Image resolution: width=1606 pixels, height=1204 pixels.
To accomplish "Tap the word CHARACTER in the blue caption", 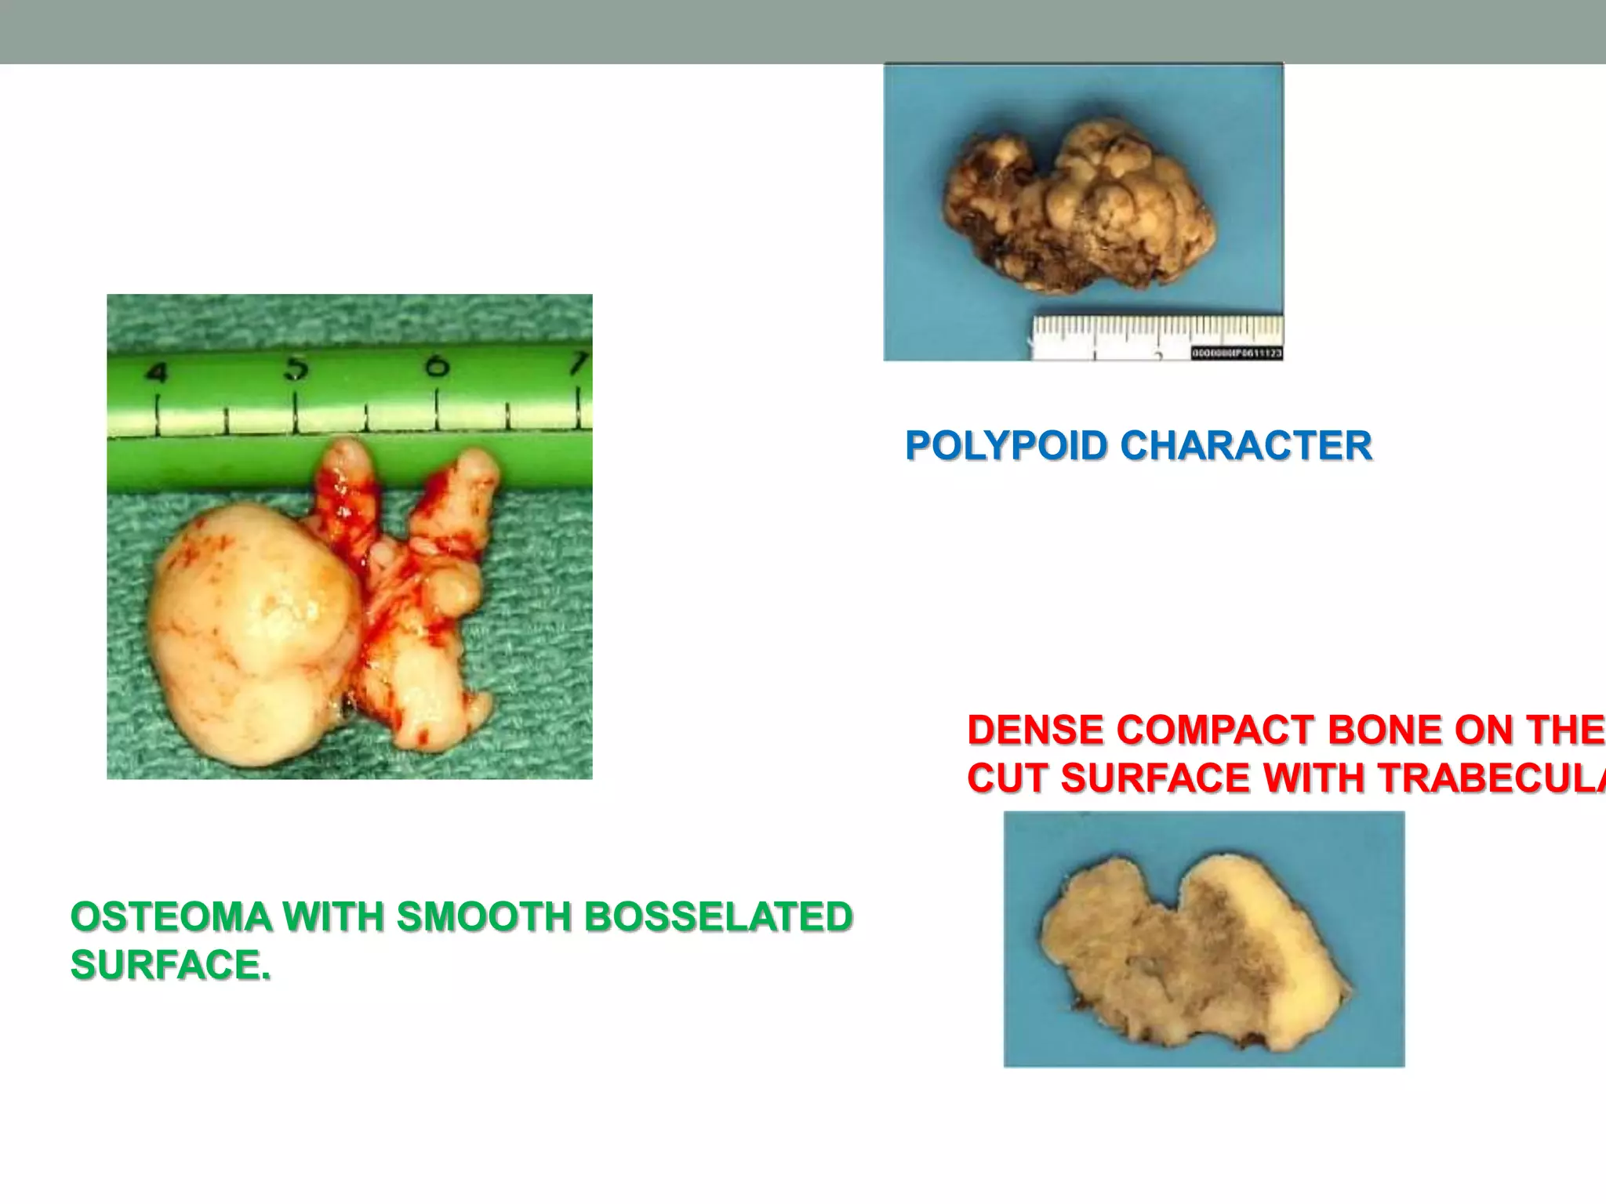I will tap(1246, 446).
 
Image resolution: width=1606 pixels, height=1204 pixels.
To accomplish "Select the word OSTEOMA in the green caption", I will tap(170, 917).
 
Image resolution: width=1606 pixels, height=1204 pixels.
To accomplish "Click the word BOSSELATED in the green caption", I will tap(718, 917).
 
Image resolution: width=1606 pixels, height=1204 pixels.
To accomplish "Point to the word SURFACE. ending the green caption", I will tap(170, 965).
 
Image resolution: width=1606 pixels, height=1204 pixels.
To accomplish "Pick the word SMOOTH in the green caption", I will tap(484, 917).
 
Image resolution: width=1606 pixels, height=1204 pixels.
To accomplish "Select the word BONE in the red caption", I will tap(1385, 731).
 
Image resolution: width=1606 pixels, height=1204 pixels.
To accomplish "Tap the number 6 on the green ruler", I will tap(437, 365).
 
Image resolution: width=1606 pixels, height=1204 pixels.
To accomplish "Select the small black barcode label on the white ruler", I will tap(1237, 354).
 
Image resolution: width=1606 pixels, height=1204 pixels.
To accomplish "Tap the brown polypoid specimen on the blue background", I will tap(1082, 204).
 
